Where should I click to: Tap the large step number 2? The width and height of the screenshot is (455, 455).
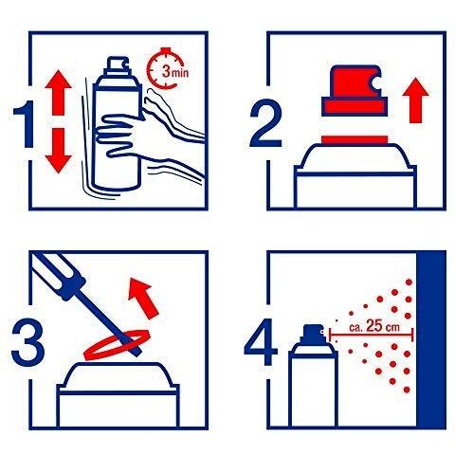click(x=264, y=123)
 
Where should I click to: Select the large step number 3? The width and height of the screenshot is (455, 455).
click(x=27, y=342)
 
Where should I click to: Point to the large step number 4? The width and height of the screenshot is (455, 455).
click(x=261, y=342)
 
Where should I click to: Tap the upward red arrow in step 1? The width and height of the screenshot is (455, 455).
click(x=58, y=92)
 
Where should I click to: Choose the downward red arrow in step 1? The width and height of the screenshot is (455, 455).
click(x=58, y=151)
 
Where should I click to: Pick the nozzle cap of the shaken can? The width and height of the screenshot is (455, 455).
click(x=118, y=66)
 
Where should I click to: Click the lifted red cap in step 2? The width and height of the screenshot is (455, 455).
click(x=355, y=91)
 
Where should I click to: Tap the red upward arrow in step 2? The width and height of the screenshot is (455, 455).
click(x=415, y=100)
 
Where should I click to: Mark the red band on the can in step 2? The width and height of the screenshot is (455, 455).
click(x=355, y=139)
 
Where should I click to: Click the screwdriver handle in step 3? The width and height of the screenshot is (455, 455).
click(x=61, y=274)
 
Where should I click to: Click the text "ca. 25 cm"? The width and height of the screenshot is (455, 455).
click(x=374, y=326)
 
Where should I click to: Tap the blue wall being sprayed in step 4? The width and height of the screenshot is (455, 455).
click(x=431, y=340)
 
